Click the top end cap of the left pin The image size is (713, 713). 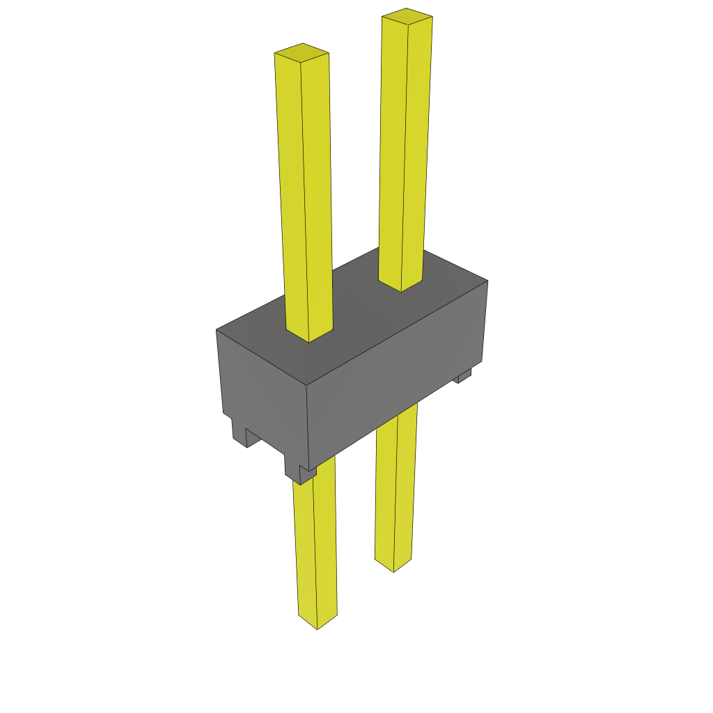(301, 52)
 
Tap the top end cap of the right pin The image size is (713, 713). (407, 17)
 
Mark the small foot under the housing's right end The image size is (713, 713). (464, 376)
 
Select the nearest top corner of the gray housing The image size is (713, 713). (307, 385)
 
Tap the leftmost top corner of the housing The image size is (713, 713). (217, 330)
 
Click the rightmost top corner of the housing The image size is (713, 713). (487, 281)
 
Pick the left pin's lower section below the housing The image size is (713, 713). (315, 543)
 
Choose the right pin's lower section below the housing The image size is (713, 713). (395, 487)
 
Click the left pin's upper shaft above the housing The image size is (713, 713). (304, 195)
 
